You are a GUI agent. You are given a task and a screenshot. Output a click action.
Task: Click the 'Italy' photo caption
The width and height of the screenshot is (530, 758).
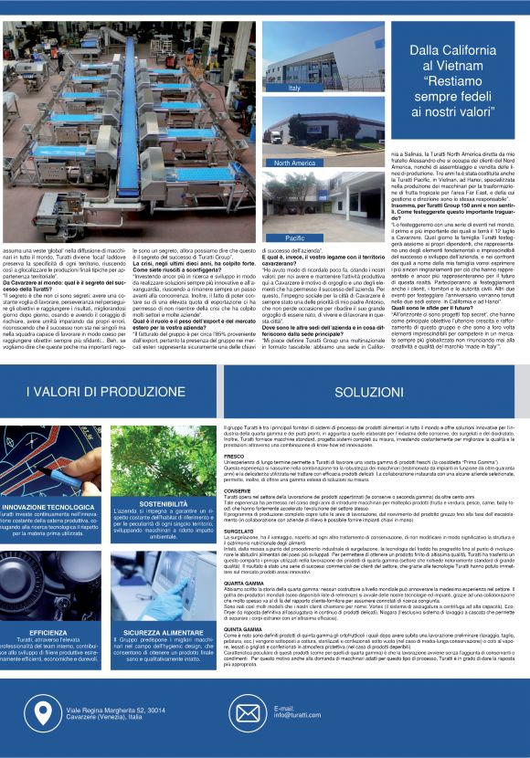pyautogui.click(x=294, y=88)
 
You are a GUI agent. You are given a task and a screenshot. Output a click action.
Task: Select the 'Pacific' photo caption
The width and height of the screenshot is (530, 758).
pyautogui.click(x=295, y=237)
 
